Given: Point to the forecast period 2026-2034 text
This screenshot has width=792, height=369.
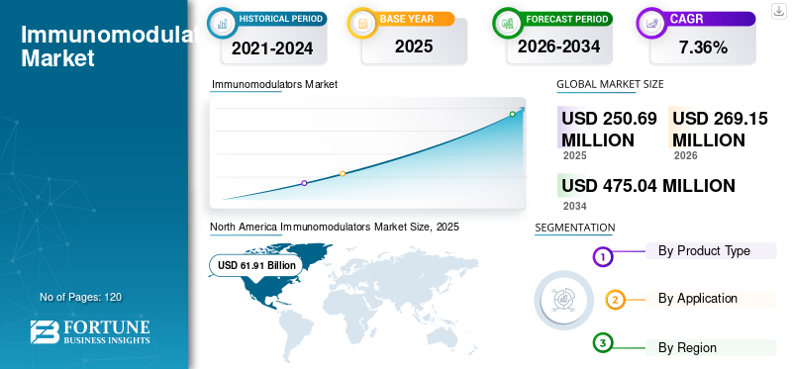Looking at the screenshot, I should pos(558,46).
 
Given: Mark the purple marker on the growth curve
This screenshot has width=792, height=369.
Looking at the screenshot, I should pos(304,183).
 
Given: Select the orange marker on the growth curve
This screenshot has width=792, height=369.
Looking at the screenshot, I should pos(343,174).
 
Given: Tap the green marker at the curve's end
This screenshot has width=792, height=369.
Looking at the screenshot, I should pos(513,114).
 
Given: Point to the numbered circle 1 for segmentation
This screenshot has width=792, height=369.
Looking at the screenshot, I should pos(604,257).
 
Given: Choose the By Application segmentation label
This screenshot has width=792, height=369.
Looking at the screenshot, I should pos(697,299).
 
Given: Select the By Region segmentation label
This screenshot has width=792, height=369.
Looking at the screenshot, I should pos(687,347).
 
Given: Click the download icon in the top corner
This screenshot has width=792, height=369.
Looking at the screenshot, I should pos(778,10).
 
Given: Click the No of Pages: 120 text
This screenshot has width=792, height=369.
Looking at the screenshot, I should pos(80,297).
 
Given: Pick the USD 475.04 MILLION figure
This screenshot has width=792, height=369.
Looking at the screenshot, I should pos(647,186).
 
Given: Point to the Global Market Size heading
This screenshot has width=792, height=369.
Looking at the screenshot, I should pos(610,84).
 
